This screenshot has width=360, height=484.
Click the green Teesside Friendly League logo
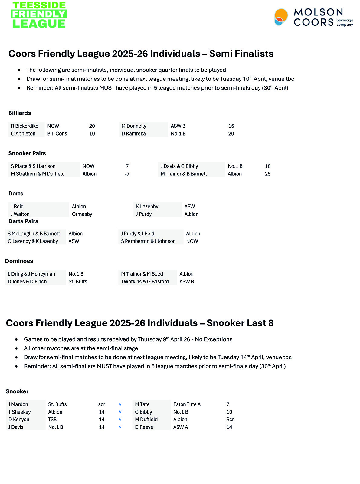pyautogui.click(x=39, y=15)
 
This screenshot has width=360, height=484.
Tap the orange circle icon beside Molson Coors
pyautogui.click(x=281, y=17)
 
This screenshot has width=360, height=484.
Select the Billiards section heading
pyautogui.click(x=20, y=113)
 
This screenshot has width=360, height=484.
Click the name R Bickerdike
pyautogui.click(x=25, y=126)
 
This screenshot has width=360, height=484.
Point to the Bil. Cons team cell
pyautogui.click(x=57, y=134)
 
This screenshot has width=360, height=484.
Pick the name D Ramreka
pyautogui.click(x=133, y=134)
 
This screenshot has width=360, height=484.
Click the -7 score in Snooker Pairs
pyautogui.click(x=127, y=174)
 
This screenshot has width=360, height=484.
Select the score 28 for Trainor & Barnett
pyautogui.click(x=267, y=174)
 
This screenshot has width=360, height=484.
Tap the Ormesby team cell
pyautogui.click(x=82, y=214)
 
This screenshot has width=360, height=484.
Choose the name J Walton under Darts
pyautogui.click(x=20, y=214)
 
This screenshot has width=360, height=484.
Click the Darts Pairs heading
pyautogui.click(x=23, y=221)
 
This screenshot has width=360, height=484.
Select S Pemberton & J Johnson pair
pyautogui.click(x=148, y=241)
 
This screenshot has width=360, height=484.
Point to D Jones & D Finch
pyautogui.click(x=27, y=282)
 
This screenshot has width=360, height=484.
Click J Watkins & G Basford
pyautogui.click(x=145, y=282)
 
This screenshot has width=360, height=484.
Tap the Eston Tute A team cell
pyautogui.click(x=187, y=404)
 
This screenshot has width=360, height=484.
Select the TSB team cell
pyautogui.click(x=52, y=420)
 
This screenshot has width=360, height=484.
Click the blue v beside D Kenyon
pyautogui.click(x=120, y=420)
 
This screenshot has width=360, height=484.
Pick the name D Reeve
pyautogui.click(x=144, y=427)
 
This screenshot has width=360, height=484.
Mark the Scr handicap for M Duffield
pyautogui.click(x=230, y=420)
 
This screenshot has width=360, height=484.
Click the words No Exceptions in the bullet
pyautogui.click(x=214, y=339)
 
